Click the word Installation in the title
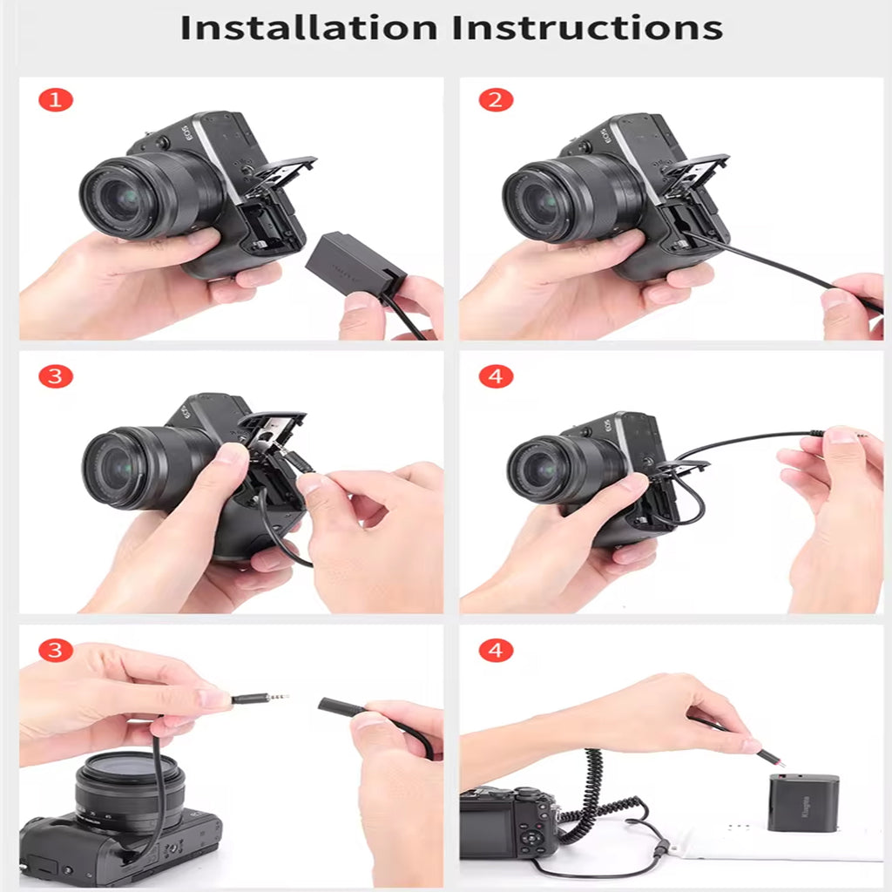click(x=308, y=27)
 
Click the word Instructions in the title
click(x=585, y=27)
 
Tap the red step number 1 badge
click(x=56, y=100)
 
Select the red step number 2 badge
click(x=496, y=100)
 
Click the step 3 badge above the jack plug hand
click(x=56, y=650)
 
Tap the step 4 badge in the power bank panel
click(x=496, y=650)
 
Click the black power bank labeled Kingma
click(x=803, y=801)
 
